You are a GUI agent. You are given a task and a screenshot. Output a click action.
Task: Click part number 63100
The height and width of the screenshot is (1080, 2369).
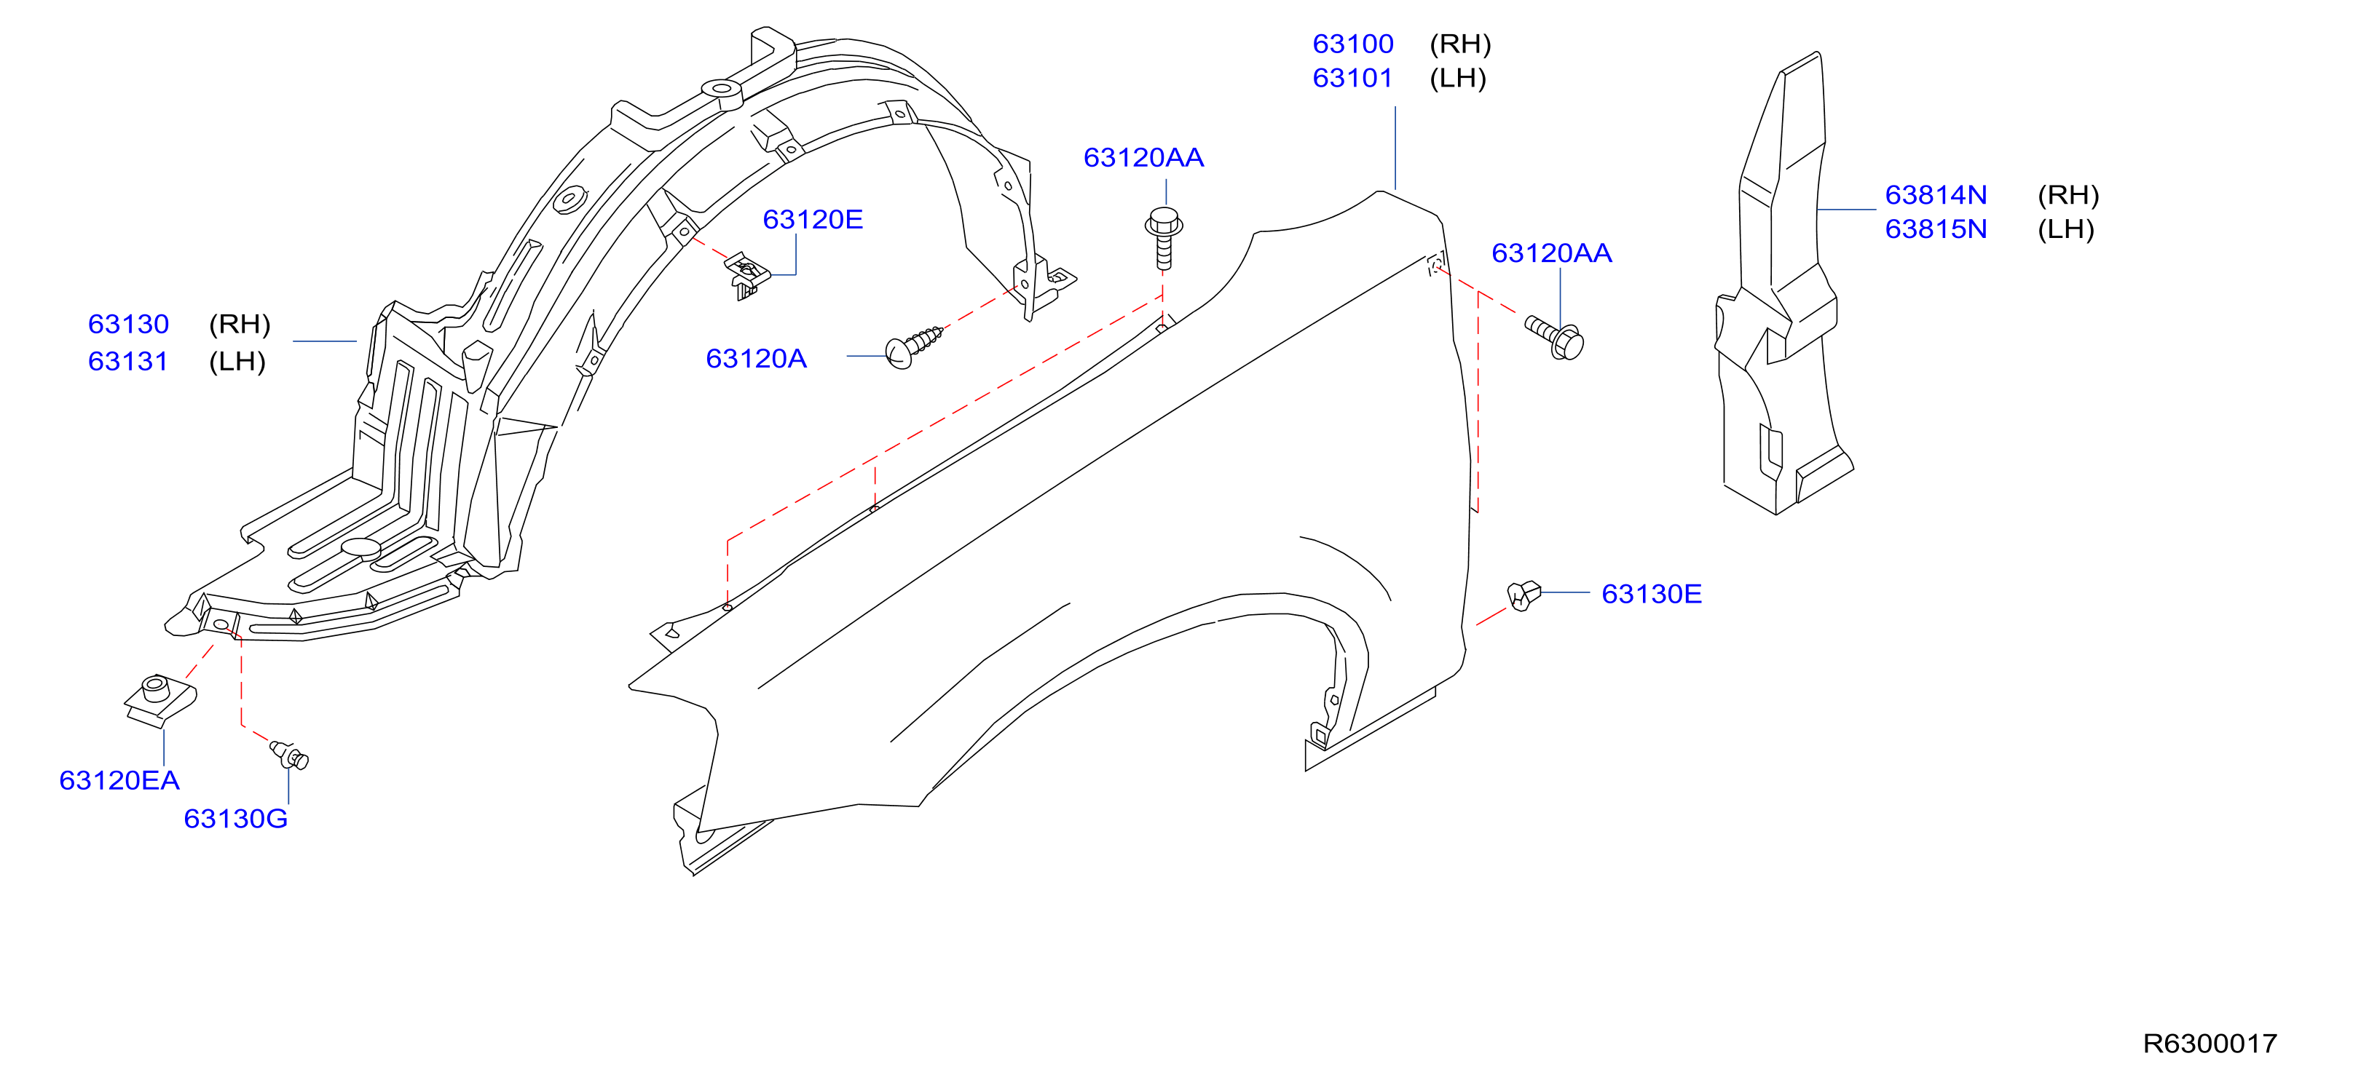click(x=1353, y=44)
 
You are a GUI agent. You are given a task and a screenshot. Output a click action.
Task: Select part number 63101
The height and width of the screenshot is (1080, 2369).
click(x=1353, y=78)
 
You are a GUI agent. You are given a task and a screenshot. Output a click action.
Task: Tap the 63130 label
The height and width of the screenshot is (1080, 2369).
click(x=129, y=325)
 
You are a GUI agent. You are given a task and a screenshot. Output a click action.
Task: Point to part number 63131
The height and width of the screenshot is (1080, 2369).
click(x=128, y=361)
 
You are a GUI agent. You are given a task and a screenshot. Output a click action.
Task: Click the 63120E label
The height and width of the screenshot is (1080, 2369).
click(x=813, y=220)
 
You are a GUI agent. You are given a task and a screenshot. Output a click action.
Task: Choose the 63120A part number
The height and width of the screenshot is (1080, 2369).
click(x=756, y=359)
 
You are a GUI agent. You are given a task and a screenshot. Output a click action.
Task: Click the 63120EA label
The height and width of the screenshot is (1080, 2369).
click(x=119, y=780)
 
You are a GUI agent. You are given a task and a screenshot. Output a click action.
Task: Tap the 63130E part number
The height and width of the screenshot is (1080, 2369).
click(x=1652, y=594)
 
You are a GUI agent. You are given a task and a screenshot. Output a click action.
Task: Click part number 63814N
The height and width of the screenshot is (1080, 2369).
click(x=1936, y=195)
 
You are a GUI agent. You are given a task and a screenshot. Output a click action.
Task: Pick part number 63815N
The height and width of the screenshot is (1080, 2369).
click(x=1936, y=229)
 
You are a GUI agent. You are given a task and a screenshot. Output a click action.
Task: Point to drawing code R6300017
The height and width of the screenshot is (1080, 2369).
click(x=2210, y=1043)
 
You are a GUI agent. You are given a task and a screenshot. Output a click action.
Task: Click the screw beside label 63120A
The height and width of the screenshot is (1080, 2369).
click(x=914, y=346)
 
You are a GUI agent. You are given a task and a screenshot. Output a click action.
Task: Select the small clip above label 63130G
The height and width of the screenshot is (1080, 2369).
click(x=290, y=755)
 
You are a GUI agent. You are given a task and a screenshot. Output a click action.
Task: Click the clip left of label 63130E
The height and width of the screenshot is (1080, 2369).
click(x=1523, y=595)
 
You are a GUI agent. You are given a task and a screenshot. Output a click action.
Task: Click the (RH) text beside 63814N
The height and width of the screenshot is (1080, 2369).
click(x=2068, y=195)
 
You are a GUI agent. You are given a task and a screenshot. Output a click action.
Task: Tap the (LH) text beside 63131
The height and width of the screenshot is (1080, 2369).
click(x=237, y=361)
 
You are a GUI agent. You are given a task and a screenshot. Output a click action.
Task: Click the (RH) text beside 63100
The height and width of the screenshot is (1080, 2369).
click(x=1460, y=44)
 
